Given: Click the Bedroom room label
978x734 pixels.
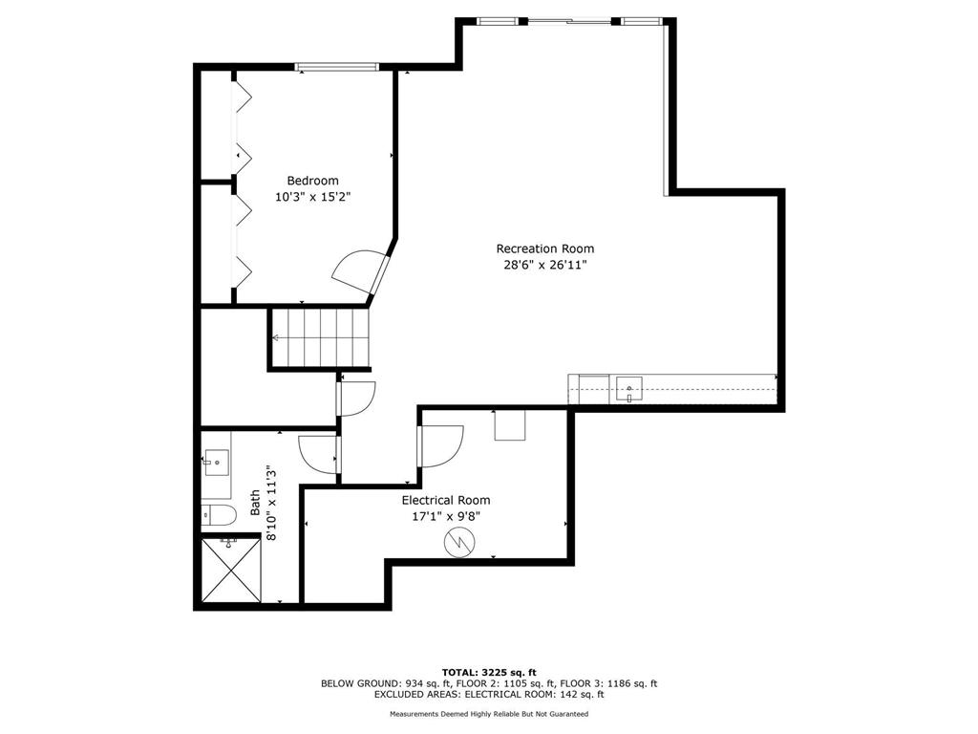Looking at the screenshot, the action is (312, 181).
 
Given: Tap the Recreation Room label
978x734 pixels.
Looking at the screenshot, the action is (545, 248).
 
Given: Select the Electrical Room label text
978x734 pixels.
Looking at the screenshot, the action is (446, 500).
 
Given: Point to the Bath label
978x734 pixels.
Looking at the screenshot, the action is (255, 503).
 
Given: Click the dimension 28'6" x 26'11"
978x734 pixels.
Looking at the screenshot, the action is (545, 265).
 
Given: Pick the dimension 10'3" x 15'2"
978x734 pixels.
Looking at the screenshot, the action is (313, 197).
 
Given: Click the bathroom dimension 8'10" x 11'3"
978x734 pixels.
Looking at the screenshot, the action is (270, 503).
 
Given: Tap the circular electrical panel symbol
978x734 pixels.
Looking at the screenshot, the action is (459, 543).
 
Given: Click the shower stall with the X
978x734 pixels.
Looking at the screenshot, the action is (231, 571).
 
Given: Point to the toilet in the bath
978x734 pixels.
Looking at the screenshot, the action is (219, 515).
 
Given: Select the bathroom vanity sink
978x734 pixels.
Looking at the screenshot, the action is (216, 463).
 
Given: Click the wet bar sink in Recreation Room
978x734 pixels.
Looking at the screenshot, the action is (629, 389).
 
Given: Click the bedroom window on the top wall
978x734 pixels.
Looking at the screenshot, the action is (337, 67).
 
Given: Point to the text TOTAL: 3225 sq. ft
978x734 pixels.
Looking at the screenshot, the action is (489, 672).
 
